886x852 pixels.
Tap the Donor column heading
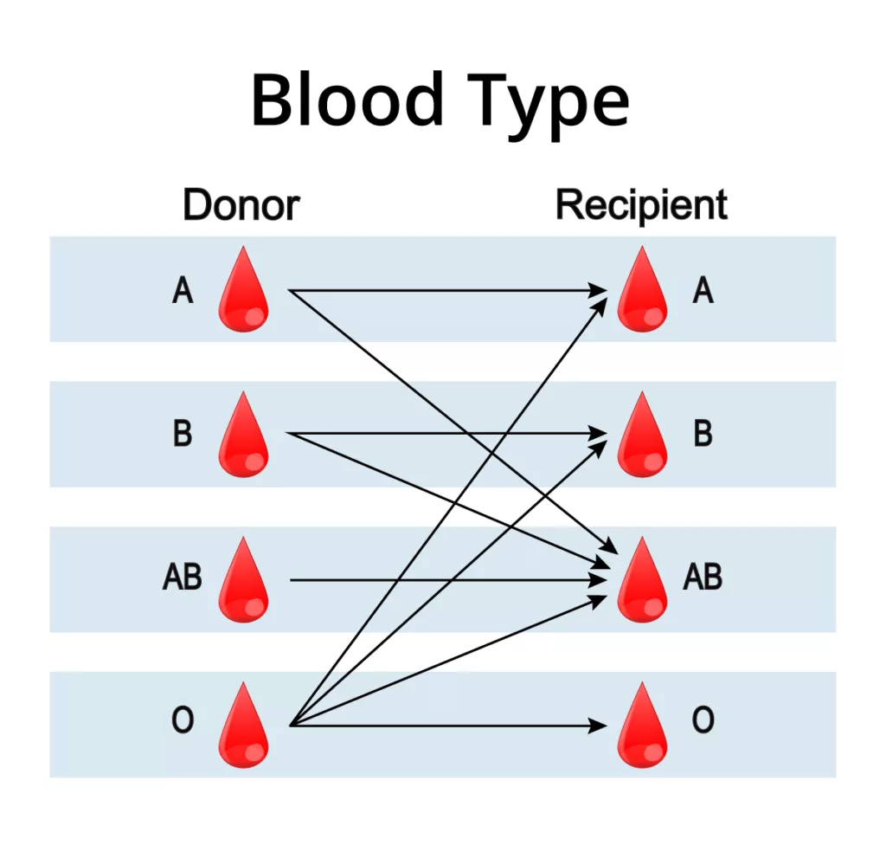point(241,206)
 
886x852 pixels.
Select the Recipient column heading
point(641,206)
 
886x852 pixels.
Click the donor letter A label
point(183,291)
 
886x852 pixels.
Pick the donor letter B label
point(183,433)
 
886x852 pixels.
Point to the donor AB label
point(183,577)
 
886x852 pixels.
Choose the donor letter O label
point(183,720)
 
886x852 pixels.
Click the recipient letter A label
point(703,291)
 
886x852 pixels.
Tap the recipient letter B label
point(703,433)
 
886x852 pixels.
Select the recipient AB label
point(703,577)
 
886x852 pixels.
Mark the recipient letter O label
point(703,720)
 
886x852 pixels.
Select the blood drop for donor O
point(243,727)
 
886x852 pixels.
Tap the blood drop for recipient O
point(643,727)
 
